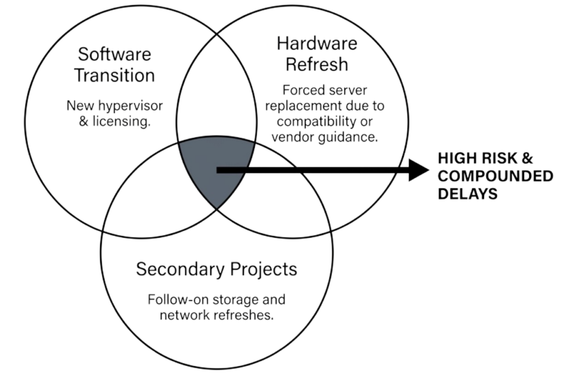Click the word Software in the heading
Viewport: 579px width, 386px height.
coord(114,55)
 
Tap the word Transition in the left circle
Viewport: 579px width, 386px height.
coord(115,75)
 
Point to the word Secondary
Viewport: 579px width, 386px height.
coord(179,269)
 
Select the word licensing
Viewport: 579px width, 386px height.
coord(124,121)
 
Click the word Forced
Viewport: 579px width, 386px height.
coord(300,91)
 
